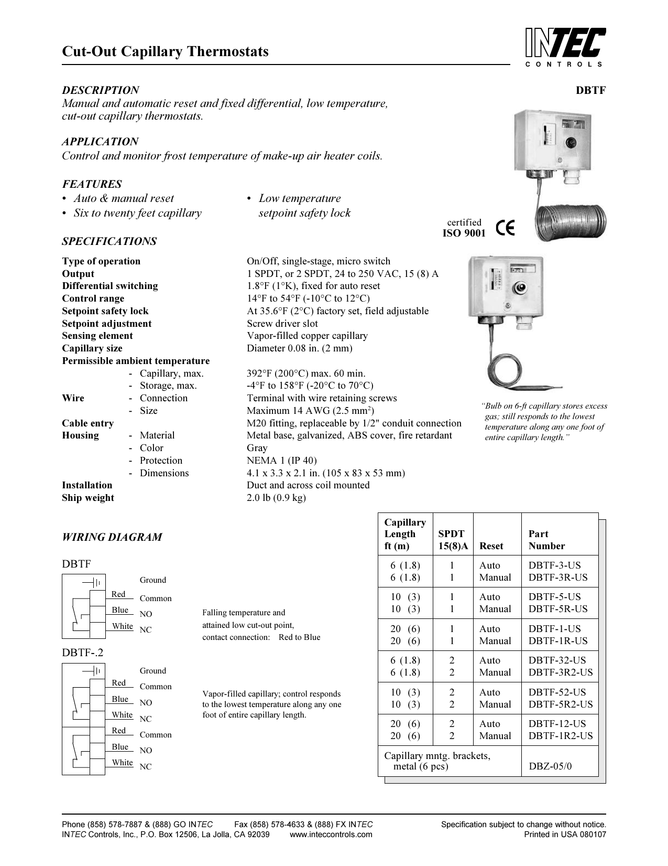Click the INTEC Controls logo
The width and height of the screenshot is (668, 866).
click(565, 46)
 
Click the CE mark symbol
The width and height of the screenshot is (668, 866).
click(506, 229)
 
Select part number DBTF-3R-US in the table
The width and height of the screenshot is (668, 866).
click(557, 578)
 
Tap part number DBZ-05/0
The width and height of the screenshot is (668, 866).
click(550, 766)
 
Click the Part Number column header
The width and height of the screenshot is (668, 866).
click(546, 540)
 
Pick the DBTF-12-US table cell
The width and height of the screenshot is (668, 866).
click(557, 724)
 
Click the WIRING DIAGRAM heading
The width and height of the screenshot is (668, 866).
click(112, 537)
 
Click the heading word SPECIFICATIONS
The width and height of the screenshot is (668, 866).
click(109, 241)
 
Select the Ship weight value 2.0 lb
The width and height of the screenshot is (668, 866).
click(276, 498)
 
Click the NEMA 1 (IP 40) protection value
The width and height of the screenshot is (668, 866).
click(281, 461)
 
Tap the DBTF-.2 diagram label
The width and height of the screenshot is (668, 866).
click(83, 653)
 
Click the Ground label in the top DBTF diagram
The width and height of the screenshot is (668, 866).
click(152, 580)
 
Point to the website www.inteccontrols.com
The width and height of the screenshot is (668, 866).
click(331, 835)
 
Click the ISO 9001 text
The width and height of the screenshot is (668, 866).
click(464, 233)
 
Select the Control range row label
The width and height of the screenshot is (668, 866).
click(93, 298)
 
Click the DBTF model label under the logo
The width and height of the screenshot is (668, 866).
click(590, 90)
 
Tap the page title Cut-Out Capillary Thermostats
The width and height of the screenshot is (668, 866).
click(165, 51)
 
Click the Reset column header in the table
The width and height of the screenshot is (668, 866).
click(491, 546)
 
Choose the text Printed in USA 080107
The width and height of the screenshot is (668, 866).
click(565, 835)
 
